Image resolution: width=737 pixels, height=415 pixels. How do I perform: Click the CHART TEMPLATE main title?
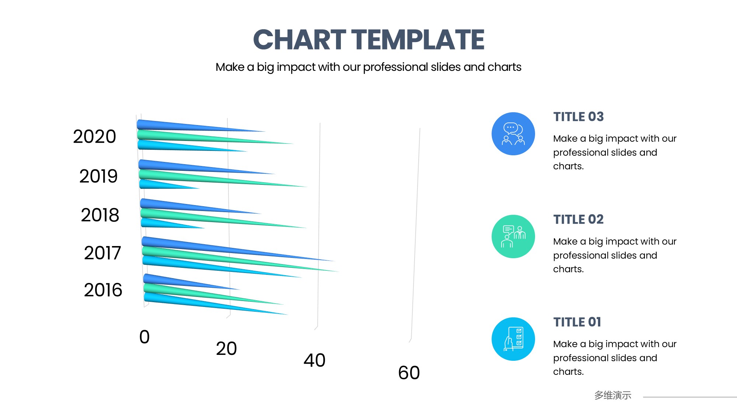tap(368, 40)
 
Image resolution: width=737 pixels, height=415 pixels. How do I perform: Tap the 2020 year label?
tap(94, 136)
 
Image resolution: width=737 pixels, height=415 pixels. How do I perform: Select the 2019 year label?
tap(98, 176)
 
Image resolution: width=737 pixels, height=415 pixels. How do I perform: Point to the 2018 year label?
tap(100, 215)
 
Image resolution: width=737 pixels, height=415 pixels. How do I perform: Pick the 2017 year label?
tap(102, 253)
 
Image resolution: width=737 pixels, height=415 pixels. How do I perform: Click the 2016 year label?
tap(103, 290)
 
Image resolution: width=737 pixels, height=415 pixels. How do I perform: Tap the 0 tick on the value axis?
tap(144, 337)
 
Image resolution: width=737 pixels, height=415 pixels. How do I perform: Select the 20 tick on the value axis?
tap(226, 349)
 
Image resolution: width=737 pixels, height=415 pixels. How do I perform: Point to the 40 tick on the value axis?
tap(314, 360)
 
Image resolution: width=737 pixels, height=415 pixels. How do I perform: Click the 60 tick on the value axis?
tap(409, 373)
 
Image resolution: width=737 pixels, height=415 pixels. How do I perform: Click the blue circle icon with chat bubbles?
tap(513, 134)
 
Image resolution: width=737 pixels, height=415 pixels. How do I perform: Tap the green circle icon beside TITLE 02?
tap(513, 236)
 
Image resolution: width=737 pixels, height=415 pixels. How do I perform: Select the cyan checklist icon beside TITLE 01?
tap(513, 339)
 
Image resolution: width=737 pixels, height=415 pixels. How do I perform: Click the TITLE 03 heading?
tap(579, 117)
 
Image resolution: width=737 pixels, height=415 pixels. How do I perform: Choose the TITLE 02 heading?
tap(579, 219)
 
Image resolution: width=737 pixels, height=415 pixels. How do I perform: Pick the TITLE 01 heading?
tap(577, 322)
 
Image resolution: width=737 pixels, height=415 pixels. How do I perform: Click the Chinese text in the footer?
tap(613, 395)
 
